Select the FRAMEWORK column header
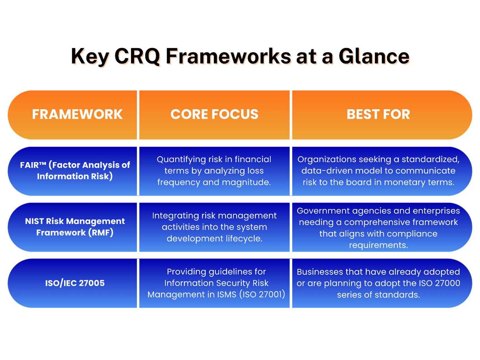77,114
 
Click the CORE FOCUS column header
214,114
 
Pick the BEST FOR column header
378,114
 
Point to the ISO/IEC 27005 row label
75,283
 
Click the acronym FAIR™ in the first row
33,165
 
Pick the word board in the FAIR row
357,182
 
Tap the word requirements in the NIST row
378,245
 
